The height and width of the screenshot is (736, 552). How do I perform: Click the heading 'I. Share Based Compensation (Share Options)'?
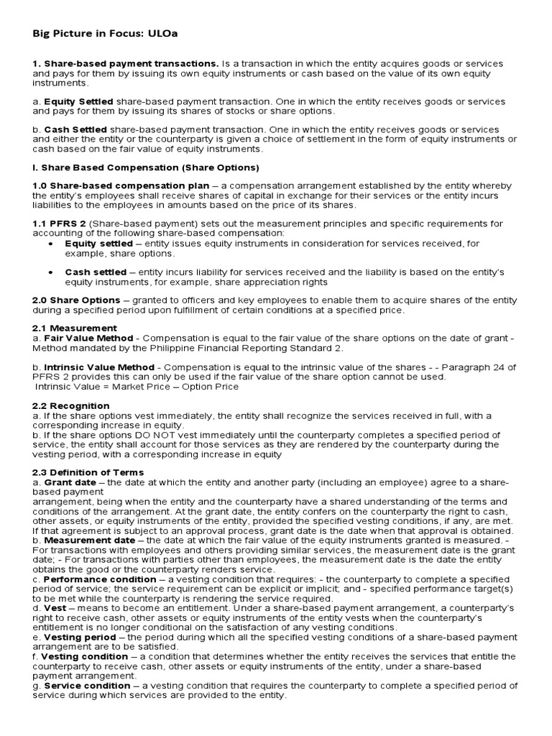coord(146,168)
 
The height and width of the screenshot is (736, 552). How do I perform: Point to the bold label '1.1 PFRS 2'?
coord(59,224)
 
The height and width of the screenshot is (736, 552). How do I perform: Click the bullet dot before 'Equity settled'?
coord(50,244)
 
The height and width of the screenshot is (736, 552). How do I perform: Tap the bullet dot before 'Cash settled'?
coord(50,273)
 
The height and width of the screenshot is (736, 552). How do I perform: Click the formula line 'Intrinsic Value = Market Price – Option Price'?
coord(137,387)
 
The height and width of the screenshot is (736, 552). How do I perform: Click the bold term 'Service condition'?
coord(88,686)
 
